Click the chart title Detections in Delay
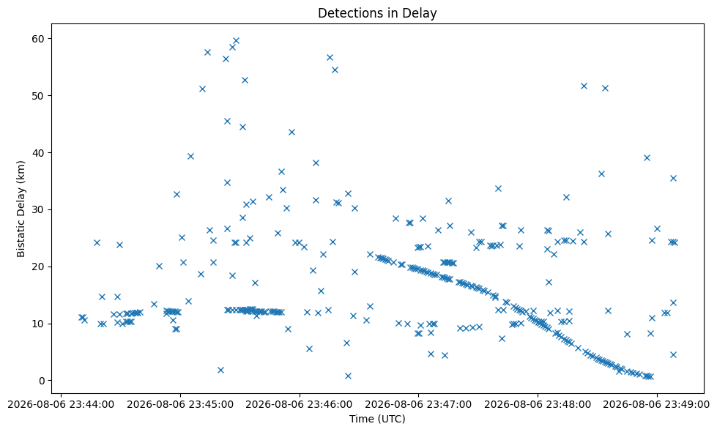[x=377, y=12]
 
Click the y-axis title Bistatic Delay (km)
[x=21, y=209]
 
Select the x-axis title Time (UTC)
[x=377, y=419]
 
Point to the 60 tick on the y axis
[x=38, y=39]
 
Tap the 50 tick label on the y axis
[x=38, y=96]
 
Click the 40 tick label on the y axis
[x=38, y=153]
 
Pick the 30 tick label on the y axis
[x=38, y=210]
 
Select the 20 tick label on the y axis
[x=38, y=267]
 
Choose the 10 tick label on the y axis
[x=38, y=324]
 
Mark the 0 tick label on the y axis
[x=42, y=380]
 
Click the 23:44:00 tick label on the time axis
[x=62, y=405]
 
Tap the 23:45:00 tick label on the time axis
[x=180, y=405]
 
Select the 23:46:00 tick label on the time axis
[x=300, y=405]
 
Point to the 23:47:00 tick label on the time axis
[x=418, y=405]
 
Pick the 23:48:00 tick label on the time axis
[x=538, y=405]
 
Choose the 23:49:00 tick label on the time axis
[x=657, y=405]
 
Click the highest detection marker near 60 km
[x=236, y=41]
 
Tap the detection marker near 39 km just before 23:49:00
[x=647, y=157]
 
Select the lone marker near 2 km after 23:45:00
[x=220, y=370]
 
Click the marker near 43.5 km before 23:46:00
[x=291, y=132]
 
